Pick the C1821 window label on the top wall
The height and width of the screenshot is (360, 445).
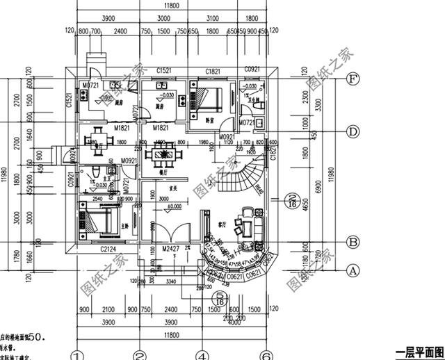click(x=214, y=71)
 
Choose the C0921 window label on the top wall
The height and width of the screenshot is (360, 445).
click(x=251, y=71)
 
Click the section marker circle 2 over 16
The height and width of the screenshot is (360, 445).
click(x=293, y=201)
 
